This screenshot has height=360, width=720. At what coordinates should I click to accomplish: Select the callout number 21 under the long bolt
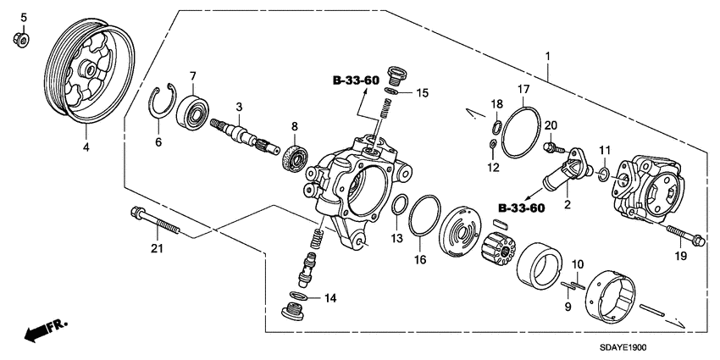156,248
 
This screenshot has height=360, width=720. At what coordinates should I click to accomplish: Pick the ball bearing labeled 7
194,111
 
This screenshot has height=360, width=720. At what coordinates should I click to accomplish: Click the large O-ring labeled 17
522,131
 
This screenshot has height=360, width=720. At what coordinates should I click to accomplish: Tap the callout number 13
396,240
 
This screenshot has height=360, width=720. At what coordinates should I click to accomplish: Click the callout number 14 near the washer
330,297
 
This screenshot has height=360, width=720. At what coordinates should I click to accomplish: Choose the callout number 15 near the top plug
423,92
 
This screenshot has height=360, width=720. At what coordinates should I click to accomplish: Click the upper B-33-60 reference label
356,80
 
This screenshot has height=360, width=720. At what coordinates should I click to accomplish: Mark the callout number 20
551,125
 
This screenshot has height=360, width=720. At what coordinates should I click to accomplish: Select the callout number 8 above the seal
294,127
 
